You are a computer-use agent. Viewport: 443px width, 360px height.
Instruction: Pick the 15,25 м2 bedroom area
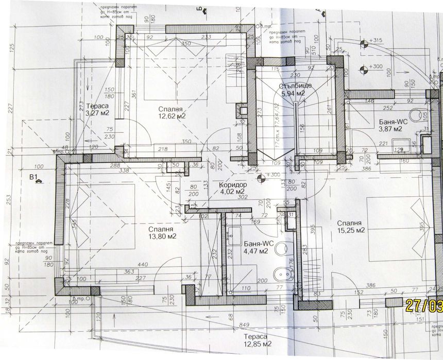(351, 231)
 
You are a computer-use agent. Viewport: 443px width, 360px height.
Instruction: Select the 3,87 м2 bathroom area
(390, 129)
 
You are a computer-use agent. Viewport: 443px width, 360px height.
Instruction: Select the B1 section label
(35, 178)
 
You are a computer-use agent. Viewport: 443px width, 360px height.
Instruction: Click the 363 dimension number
(129, 271)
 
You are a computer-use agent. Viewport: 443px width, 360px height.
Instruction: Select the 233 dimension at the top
(208, 37)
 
